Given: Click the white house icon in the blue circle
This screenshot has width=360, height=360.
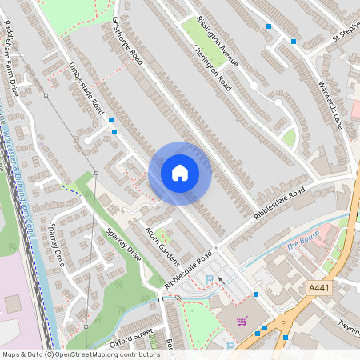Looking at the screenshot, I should coord(180,172).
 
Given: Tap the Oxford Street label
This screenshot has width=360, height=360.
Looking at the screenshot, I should coord(130,337).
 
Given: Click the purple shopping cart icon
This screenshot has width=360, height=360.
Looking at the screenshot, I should coord(242,321).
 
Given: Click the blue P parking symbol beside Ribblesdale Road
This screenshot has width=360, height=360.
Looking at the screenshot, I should coord(210,278).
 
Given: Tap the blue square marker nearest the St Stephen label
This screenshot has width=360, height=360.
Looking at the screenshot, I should coord(294,41).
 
